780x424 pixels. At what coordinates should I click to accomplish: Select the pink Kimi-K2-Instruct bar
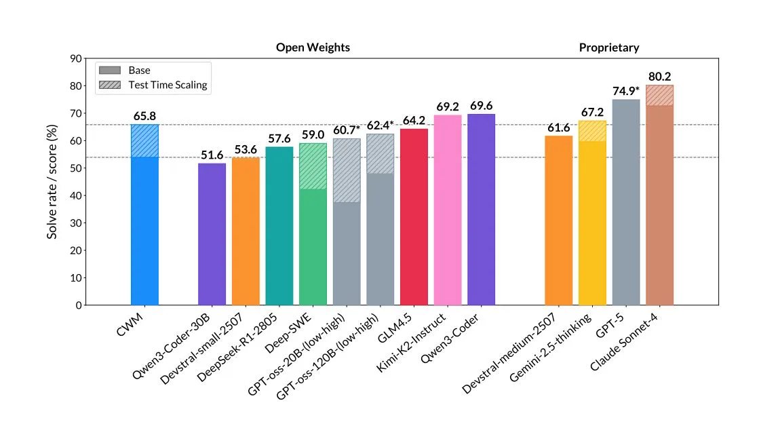(448, 210)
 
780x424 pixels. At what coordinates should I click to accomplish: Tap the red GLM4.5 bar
(414, 217)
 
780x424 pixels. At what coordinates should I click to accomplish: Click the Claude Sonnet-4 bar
(659, 204)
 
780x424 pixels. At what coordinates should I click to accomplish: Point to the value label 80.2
(659, 77)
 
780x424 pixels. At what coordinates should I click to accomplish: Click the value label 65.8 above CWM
(144, 116)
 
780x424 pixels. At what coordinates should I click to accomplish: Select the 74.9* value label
(625, 91)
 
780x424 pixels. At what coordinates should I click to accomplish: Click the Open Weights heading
(313, 47)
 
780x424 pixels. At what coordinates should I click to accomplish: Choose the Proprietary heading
(608, 47)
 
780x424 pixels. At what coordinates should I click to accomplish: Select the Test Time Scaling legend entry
(167, 85)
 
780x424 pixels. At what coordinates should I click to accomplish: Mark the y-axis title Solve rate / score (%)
(52, 181)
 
